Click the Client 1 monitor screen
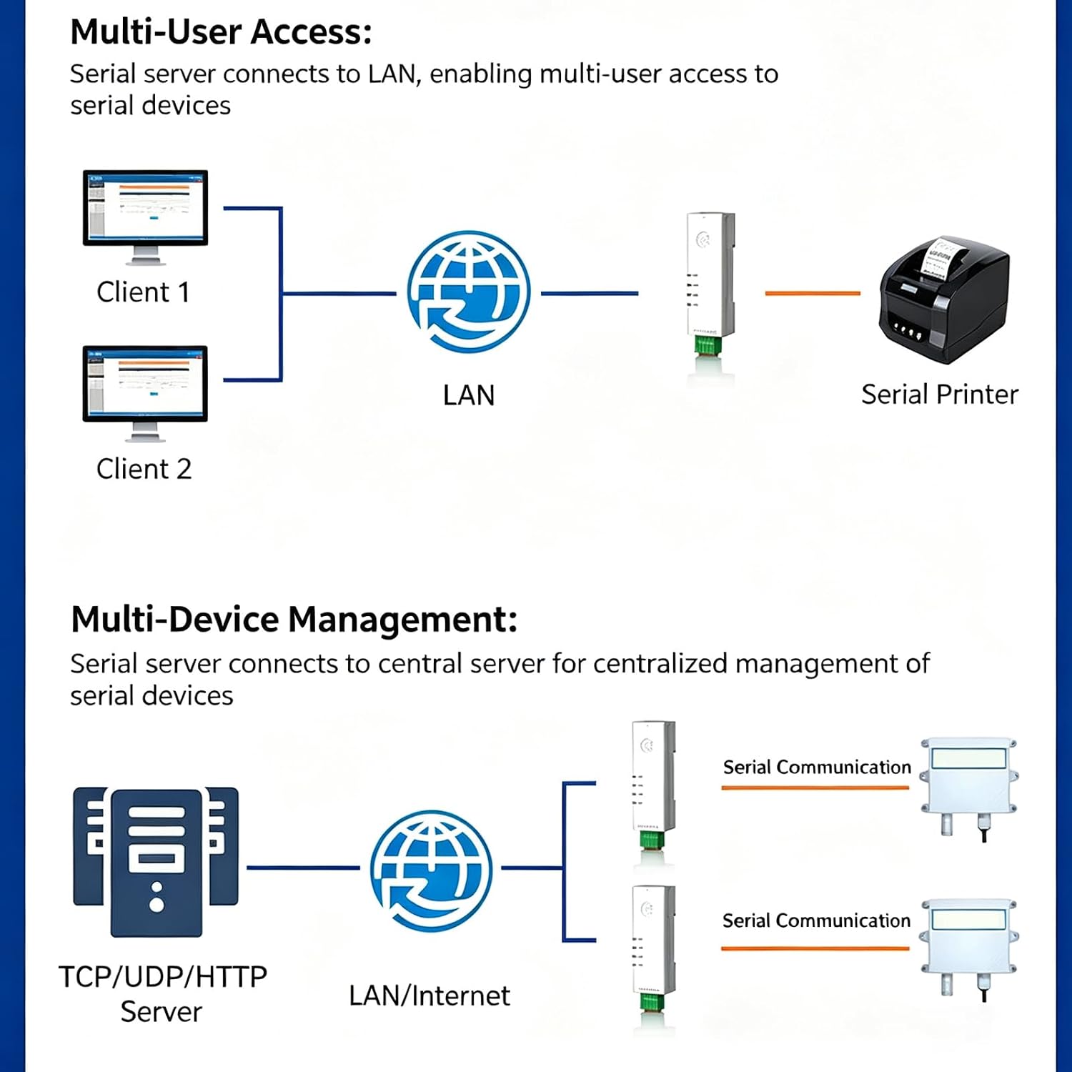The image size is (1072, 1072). click(145, 208)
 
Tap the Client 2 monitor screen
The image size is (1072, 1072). click(145, 384)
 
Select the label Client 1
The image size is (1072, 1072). click(143, 292)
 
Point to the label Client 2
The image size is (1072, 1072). click(144, 469)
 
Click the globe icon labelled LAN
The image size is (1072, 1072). click(469, 292)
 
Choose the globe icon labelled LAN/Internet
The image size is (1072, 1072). click(432, 870)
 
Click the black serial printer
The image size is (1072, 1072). click(944, 299)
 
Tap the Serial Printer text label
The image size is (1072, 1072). click(940, 394)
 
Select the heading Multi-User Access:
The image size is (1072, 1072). click(221, 32)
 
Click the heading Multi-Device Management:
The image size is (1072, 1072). click(294, 620)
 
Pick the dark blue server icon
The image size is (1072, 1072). click(156, 862)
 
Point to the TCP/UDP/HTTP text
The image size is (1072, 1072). click(163, 976)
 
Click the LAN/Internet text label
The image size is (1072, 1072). click(430, 996)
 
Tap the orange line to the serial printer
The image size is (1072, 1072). click(813, 293)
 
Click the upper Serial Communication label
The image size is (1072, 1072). click(817, 767)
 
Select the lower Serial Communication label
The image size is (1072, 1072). click(816, 920)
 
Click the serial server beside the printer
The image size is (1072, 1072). click(710, 285)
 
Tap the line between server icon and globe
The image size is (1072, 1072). click(303, 868)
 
